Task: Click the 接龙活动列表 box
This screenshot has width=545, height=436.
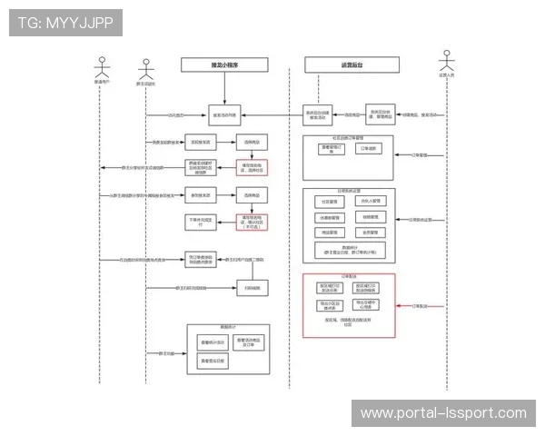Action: pos(226,115)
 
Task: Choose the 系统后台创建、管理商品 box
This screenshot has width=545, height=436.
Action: pos(381,114)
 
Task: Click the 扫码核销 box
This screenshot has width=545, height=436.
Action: pos(253,288)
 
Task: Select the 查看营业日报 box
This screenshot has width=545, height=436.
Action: pos(211,362)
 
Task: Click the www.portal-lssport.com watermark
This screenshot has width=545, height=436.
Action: pos(443,413)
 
